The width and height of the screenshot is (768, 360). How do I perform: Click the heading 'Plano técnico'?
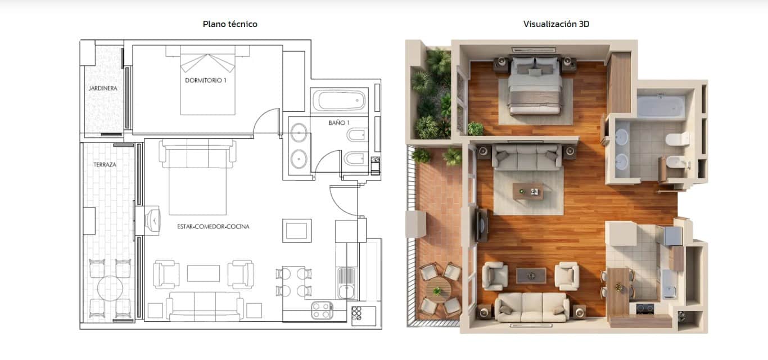[x=230, y=24]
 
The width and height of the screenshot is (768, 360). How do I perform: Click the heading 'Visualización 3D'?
[x=556, y=24]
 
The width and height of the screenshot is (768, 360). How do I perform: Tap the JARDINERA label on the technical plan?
[x=102, y=89]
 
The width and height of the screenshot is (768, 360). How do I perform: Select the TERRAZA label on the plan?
[x=105, y=165]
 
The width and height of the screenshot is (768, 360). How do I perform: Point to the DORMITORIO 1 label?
[x=206, y=80]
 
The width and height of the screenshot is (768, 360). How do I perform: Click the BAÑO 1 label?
[x=339, y=122]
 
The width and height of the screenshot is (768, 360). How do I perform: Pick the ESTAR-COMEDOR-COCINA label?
[x=213, y=227]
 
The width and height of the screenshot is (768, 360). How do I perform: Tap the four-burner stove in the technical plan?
[x=322, y=310]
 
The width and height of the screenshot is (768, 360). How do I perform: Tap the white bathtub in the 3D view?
[x=661, y=106]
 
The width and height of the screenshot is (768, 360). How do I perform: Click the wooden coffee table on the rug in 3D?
[x=528, y=192]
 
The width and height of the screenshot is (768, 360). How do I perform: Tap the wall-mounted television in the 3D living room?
[x=481, y=224]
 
